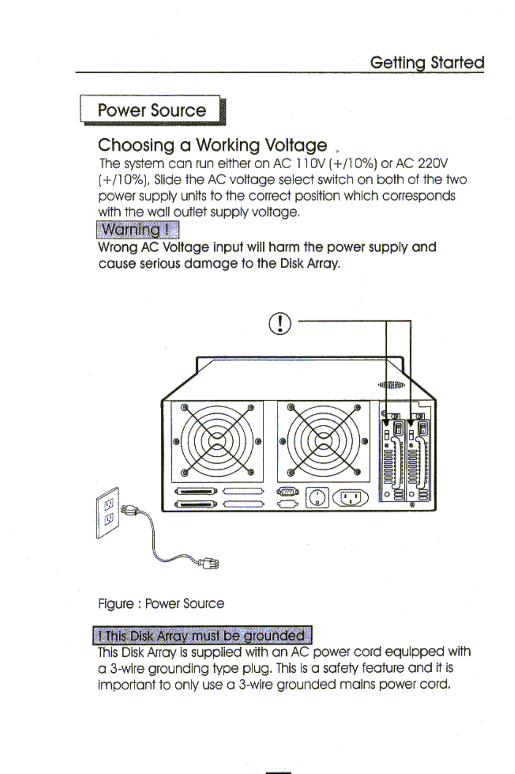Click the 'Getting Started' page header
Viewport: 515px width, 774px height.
click(x=427, y=62)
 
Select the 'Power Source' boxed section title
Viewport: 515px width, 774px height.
click(x=151, y=110)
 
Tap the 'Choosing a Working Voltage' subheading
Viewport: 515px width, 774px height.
click(x=212, y=145)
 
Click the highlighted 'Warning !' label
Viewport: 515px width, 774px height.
click(x=137, y=230)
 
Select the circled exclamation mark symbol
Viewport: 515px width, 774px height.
click(x=280, y=323)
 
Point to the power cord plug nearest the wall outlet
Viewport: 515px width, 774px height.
click(x=128, y=510)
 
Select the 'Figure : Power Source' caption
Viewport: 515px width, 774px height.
click(x=161, y=604)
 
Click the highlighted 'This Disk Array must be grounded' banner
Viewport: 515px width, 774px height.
click(x=203, y=636)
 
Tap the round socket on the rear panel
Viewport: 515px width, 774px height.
click(x=317, y=497)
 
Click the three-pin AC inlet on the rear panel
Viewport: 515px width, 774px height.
click(x=350, y=497)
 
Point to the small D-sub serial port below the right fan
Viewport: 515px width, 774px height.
click(x=288, y=491)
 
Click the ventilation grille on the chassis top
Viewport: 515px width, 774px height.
click(x=391, y=384)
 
